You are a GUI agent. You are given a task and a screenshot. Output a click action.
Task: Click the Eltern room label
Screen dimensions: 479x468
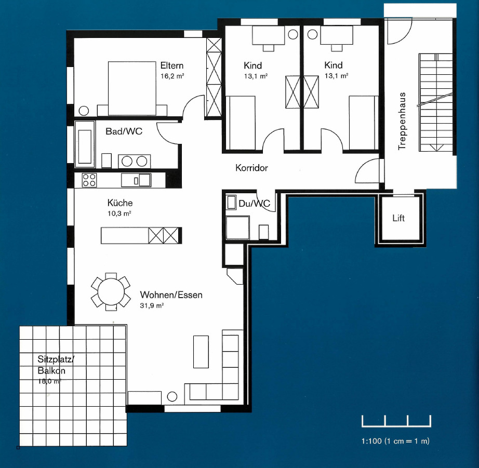[x=171, y=65]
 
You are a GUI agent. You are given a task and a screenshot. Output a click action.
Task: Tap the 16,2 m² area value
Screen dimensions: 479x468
[x=172, y=76]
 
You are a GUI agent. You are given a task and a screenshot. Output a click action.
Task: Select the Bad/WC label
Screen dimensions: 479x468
[x=124, y=131]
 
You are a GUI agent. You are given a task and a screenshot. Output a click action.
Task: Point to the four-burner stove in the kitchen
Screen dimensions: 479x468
[x=89, y=180]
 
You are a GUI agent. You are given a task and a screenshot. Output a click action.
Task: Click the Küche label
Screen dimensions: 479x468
[x=119, y=203]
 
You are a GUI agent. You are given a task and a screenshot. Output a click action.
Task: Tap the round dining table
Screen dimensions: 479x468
[x=111, y=292]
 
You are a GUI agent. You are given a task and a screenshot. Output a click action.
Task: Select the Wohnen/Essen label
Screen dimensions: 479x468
[x=171, y=295]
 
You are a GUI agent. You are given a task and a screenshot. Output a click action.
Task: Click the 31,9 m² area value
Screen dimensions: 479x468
[x=152, y=305]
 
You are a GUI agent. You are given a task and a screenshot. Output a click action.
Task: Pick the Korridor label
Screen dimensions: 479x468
[x=251, y=168]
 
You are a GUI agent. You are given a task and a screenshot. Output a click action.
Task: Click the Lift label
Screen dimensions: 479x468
[x=398, y=218]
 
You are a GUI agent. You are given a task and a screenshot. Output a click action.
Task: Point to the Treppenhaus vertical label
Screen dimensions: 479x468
[x=402, y=121]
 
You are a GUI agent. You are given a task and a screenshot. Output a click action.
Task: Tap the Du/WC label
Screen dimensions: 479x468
[x=254, y=204]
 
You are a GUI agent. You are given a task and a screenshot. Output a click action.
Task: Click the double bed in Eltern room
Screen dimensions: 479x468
[x=132, y=88]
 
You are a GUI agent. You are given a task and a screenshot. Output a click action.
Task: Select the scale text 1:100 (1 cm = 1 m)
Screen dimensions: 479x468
[x=395, y=441]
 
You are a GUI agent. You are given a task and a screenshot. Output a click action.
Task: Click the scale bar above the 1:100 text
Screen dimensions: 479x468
[x=396, y=421]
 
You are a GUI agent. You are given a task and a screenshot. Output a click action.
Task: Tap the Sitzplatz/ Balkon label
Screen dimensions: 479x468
[x=55, y=365]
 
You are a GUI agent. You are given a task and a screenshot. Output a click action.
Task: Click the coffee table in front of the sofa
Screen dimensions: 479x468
[x=201, y=352]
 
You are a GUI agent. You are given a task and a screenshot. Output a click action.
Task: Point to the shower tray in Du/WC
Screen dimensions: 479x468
[x=237, y=228]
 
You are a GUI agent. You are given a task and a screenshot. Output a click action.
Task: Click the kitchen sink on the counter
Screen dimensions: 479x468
[x=136, y=180]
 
